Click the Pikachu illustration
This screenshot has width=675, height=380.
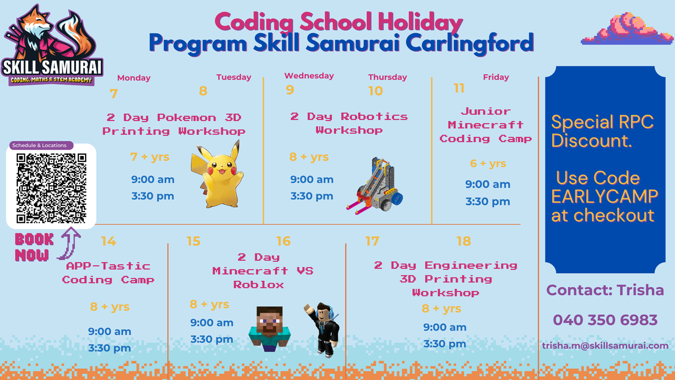pyautogui.click(x=217, y=175)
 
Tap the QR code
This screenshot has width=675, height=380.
pyautogui.click(x=51, y=188)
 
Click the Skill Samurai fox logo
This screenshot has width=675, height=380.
pyautogui.click(x=52, y=45)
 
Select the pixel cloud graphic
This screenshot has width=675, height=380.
pyautogui.click(x=627, y=29)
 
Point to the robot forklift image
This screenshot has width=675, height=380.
pyautogui.click(x=375, y=185)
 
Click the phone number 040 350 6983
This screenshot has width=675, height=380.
pyautogui.click(x=605, y=320)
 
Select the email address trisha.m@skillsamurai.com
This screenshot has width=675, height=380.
pyautogui.click(x=605, y=346)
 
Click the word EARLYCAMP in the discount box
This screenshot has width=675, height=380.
pyautogui.click(x=605, y=196)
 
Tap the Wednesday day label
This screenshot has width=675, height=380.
pyautogui.click(x=309, y=75)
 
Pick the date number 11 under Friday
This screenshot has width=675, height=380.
pyautogui.click(x=459, y=88)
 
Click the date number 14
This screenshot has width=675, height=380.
pyautogui.click(x=109, y=242)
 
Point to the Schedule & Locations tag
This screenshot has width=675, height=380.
pyautogui.click(x=41, y=145)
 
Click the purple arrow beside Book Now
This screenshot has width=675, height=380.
pyautogui.click(x=69, y=244)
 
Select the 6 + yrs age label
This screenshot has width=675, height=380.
pyautogui.click(x=488, y=163)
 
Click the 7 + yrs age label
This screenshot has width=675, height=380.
pyautogui.click(x=150, y=157)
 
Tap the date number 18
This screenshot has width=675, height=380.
pyautogui.click(x=463, y=242)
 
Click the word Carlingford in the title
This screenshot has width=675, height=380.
pyautogui.click(x=470, y=44)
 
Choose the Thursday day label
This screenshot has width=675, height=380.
pyautogui.click(x=388, y=77)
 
